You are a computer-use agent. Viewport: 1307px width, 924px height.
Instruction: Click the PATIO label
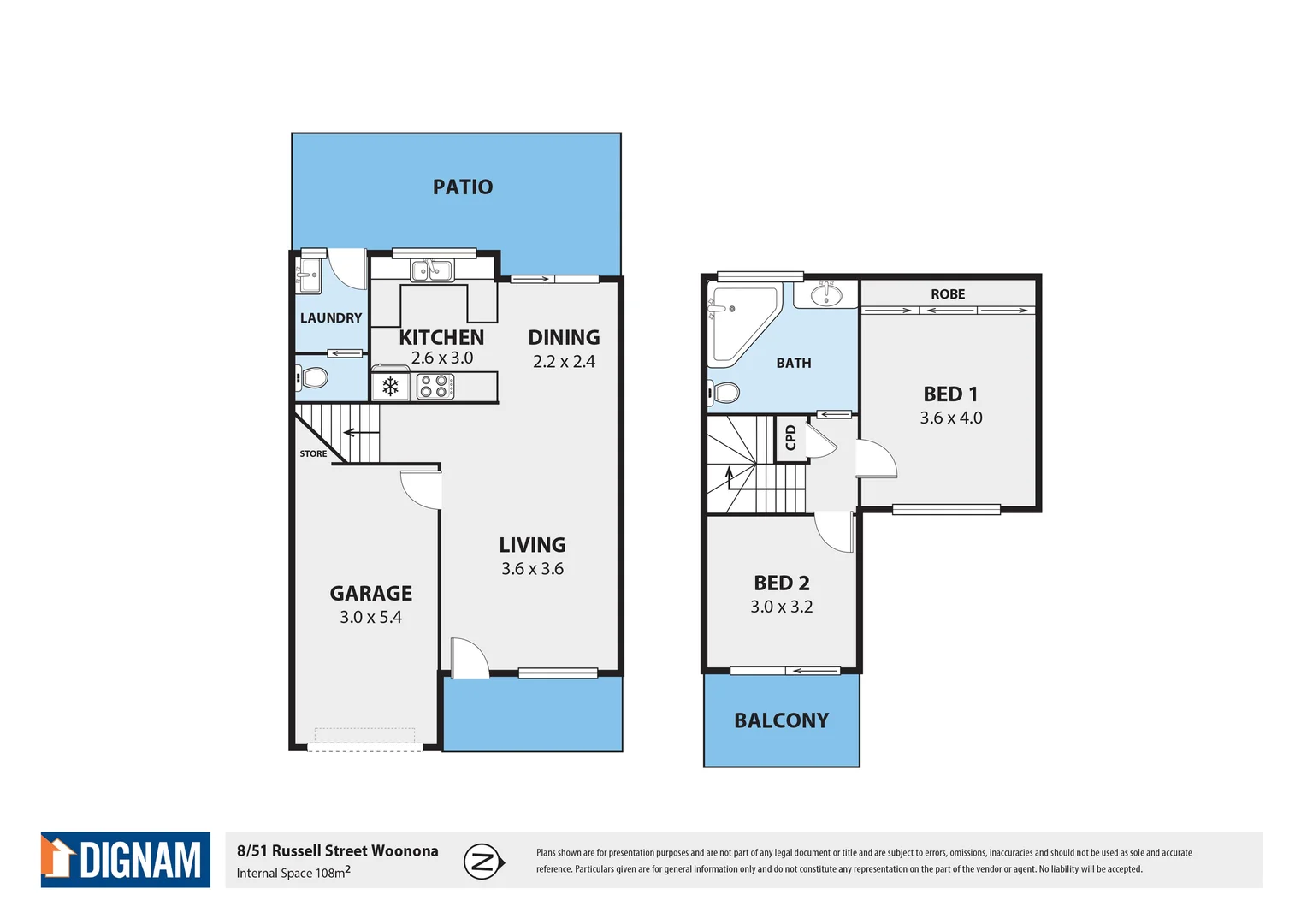(x=463, y=187)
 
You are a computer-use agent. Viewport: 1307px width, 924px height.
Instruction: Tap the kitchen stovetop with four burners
(x=435, y=387)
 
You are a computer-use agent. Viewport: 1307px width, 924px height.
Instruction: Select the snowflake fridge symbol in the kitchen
(x=391, y=387)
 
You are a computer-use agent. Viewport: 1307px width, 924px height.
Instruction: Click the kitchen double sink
(x=432, y=271)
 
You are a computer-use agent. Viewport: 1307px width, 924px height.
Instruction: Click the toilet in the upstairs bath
(x=725, y=393)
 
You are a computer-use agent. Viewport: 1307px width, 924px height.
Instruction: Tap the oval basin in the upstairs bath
(x=826, y=296)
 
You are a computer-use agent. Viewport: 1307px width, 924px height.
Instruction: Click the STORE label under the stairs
(x=313, y=453)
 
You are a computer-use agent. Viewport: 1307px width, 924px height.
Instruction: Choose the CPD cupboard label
(x=791, y=438)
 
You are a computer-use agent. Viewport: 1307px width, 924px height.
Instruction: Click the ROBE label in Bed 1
(x=948, y=294)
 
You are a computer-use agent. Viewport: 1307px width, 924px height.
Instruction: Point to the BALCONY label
(x=782, y=720)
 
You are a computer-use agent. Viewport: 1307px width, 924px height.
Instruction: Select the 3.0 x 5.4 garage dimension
(x=370, y=617)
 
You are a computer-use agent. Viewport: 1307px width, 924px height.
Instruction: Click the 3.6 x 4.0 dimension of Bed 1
(x=951, y=418)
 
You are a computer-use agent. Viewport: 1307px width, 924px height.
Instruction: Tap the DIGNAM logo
(x=126, y=859)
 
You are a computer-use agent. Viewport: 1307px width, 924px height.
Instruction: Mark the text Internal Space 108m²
(x=293, y=873)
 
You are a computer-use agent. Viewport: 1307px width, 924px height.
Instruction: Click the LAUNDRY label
(x=331, y=318)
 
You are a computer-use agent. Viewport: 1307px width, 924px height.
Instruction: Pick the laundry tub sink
(x=309, y=276)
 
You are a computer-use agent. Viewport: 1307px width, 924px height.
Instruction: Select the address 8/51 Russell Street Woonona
(x=337, y=850)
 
